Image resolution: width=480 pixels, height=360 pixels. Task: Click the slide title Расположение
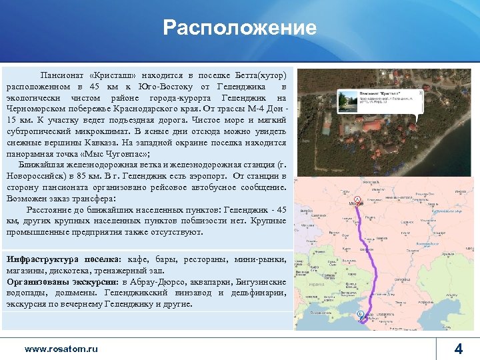click(x=240, y=28)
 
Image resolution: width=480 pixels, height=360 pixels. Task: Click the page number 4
click(x=458, y=349)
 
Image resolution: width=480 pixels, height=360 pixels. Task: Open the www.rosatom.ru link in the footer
click(x=61, y=349)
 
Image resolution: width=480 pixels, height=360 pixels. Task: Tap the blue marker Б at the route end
click(x=361, y=313)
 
